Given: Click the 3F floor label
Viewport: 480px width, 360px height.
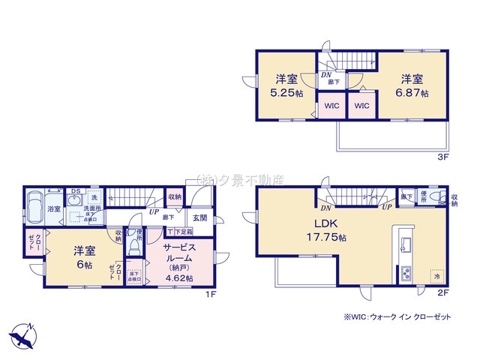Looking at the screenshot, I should click(x=442, y=158).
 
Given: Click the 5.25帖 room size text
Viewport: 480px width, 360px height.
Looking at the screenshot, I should click(x=287, y=94).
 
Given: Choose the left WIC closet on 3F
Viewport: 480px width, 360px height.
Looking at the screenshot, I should click(x=331, y=106).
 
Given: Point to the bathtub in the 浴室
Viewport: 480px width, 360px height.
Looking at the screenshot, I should click(x=35, y=205).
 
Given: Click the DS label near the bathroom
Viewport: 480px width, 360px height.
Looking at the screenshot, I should click(x=75, y=191).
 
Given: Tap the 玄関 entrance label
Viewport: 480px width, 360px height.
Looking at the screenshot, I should click(x=199, y=217).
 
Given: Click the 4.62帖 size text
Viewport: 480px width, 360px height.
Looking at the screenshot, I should click(x=178, y=278).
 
